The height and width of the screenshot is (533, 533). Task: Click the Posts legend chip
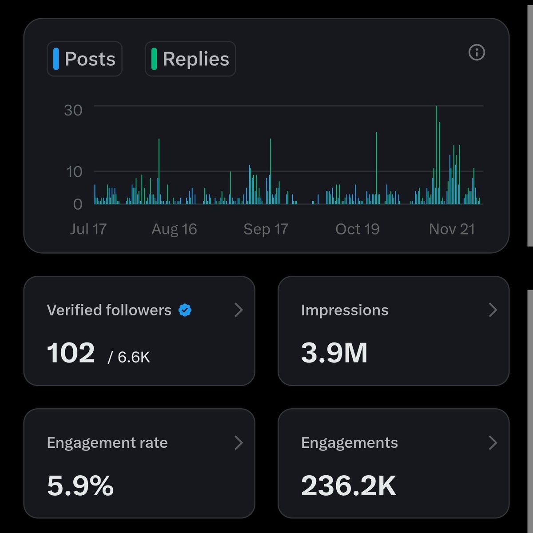point(84,59)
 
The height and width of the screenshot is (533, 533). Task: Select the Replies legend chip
point(190,59)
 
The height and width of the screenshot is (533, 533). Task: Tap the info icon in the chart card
point(477,53)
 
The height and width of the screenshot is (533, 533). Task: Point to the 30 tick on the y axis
point(73,110)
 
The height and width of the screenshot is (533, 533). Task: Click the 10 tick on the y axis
point(74,171)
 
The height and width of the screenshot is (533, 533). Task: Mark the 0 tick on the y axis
point(78,204)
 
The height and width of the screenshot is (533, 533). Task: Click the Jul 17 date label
point(88,229)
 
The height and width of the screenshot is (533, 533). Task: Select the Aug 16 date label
point(174,229)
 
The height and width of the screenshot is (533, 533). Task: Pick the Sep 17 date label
point(266,229)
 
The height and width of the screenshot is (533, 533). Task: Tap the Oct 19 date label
point(357,229)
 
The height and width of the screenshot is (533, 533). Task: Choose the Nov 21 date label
point(452,229)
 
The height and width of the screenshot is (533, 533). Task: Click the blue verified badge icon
point(185,310)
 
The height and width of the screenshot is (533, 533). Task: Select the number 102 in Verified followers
point(71,353)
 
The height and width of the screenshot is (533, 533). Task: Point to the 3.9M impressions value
point(334,353)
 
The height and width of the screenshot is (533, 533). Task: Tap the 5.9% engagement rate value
point(80,485)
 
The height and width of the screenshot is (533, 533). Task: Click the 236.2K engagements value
point(348,485)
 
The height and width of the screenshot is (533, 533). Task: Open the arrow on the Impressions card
point(493,310)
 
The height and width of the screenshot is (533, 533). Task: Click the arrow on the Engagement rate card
point(239,442)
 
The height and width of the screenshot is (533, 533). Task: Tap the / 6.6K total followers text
point(129,357)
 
